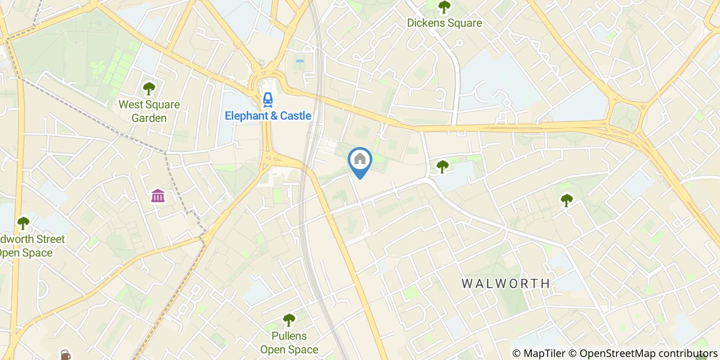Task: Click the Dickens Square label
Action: (x=444, y=23)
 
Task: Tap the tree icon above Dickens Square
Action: (x=444, y=7)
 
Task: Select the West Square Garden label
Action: (x=149, y=112)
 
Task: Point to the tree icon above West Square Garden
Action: (x=149, y=88)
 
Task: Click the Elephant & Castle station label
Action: (x=268, y=116)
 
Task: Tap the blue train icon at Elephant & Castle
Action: (x=267, y=99)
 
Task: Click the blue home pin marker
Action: (x=360, y=161)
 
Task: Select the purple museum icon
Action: (x=158, y=196)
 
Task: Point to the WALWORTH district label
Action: (x=506, y=283)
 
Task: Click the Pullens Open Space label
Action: (x=289, y=343)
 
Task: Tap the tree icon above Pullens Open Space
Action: (x=289, y=320)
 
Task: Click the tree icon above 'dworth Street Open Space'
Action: (x=23, y=223)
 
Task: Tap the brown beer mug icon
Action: (x=65, y=355)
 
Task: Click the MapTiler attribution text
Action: (x=539, y=353)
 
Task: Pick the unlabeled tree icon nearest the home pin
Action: (x=442, y=166)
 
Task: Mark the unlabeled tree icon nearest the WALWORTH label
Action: (x=566, y=200)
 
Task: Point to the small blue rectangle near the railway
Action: (x=300, y=61)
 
